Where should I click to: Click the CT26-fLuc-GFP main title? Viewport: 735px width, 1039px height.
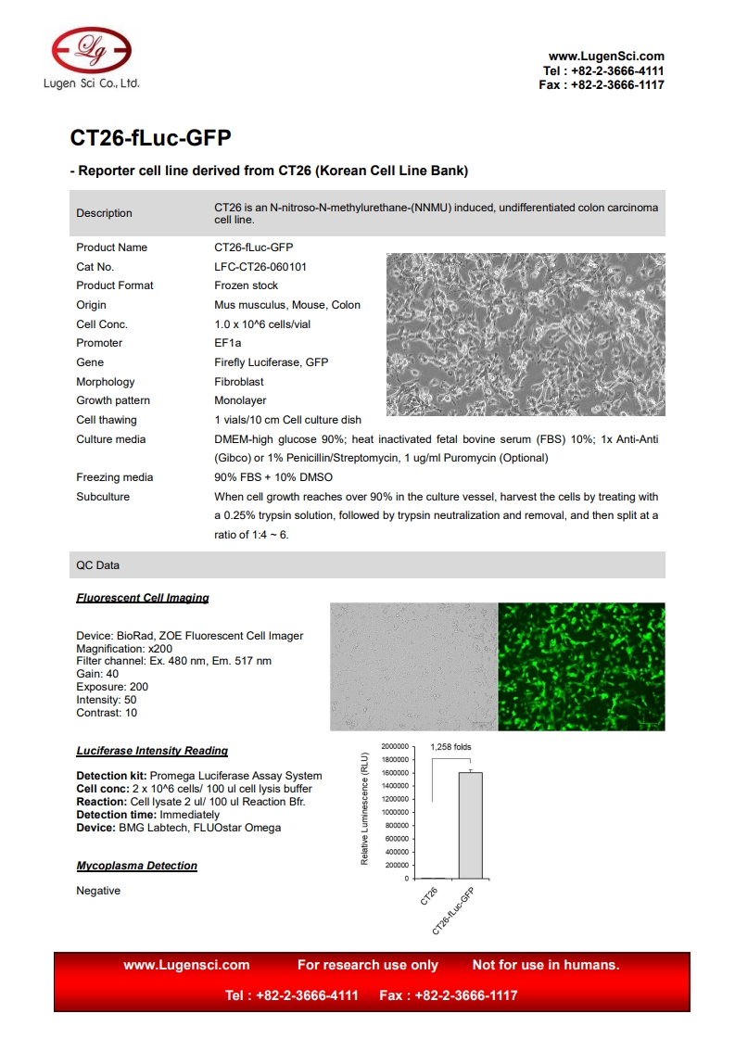(x=150, y=138)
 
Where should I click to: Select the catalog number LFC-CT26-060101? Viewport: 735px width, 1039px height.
(x=260, y=267)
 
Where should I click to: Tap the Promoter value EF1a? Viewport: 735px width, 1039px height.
(x=227, y=343)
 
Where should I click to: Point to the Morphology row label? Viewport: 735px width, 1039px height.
(x=105, y=382)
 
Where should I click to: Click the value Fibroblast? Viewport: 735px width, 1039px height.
(x=239, y=382)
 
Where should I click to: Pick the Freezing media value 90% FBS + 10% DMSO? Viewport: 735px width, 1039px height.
(x=273, y=477)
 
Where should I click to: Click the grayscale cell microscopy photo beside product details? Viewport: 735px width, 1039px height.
(x=525, y=335)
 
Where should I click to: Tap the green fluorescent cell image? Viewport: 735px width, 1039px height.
(x=581, y=666)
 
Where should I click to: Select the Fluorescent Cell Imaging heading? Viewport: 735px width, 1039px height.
(x=143, y=598)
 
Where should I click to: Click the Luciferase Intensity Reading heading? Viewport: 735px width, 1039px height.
(x=152, y=751)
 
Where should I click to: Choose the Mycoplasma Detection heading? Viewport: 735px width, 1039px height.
(x=137, y=866)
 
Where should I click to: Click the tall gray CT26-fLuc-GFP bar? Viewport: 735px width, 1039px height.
(x=470, y=825)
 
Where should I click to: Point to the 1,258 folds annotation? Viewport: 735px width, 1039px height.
(x=450, y=747)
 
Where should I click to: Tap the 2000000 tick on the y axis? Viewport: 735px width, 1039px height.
(x=389, y=746)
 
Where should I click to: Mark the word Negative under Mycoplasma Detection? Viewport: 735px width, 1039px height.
(x=98, y=891)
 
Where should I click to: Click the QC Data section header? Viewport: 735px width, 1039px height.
(x=97, y=565)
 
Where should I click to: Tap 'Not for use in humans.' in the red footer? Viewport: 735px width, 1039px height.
(x=546, y=965)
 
